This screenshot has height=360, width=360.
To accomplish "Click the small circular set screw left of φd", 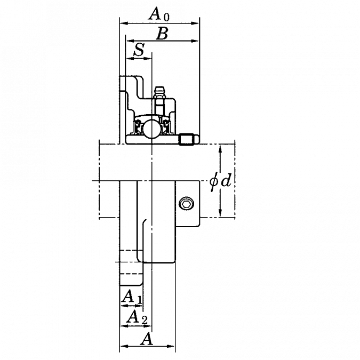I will (187, 203).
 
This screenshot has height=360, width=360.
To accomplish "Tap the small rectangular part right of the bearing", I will (189, 141).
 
